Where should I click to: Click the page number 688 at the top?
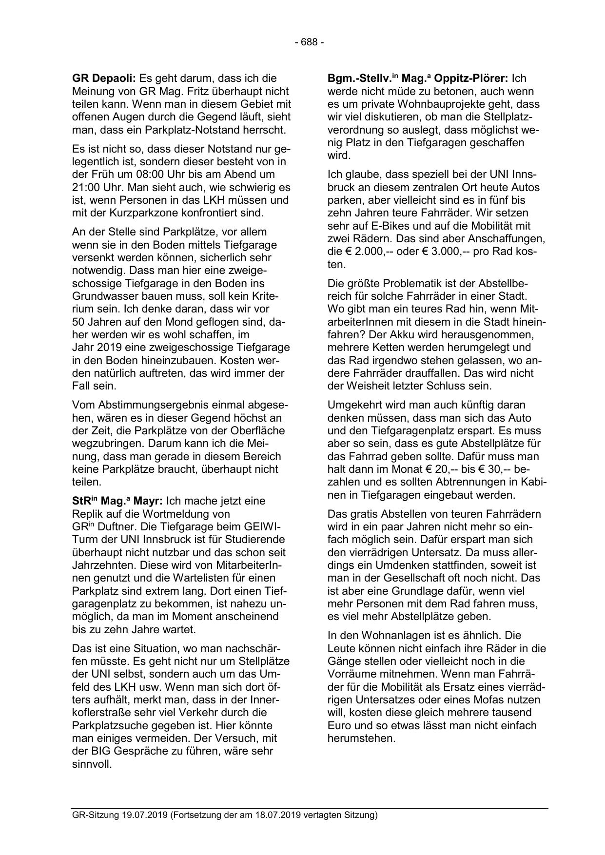309,42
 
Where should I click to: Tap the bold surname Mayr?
148,501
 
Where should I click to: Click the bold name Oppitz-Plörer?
471,78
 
